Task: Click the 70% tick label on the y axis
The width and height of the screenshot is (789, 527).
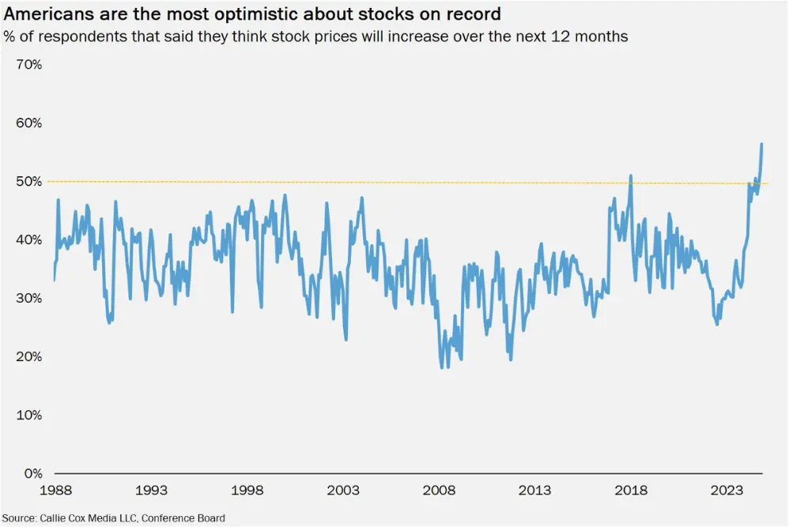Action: point(29,65)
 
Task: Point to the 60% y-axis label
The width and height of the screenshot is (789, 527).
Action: point(29,123)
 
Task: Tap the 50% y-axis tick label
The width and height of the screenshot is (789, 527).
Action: point(29,182)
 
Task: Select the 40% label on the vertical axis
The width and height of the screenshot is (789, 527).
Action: point(29,240)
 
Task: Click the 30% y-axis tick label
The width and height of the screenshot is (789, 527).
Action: point(29,299)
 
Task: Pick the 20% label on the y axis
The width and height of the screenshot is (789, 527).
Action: point(29,357)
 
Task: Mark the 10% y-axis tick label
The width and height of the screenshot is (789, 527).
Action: point(29,416)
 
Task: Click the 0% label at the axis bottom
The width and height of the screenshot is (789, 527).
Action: point(32,474)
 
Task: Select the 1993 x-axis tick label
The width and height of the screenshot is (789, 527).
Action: point(152,491)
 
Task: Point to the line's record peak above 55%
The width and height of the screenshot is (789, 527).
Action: point(761,144)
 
